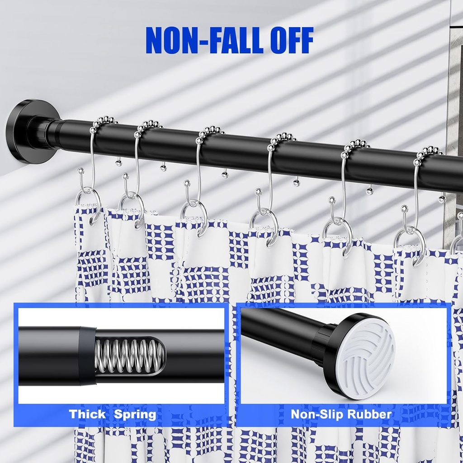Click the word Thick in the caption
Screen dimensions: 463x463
(87, 414)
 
